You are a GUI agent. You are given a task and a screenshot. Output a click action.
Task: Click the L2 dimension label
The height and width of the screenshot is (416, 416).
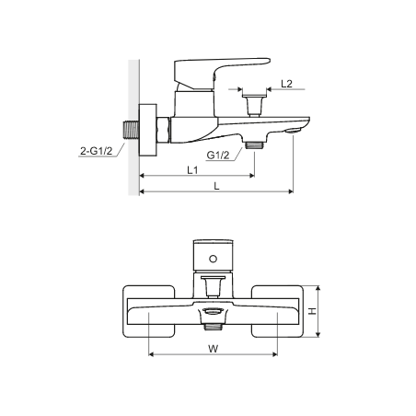click(286, 84)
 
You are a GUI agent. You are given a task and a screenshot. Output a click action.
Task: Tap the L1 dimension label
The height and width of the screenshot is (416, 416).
click(192, 169)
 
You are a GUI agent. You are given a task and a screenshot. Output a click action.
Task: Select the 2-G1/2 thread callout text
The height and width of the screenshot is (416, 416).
click(97, 151)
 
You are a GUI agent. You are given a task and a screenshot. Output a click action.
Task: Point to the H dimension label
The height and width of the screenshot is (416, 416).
click(312, 311)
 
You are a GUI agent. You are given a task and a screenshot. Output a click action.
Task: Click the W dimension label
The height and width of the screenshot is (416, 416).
click(213, 349)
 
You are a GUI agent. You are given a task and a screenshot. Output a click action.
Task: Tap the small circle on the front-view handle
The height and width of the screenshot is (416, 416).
click(213, 259)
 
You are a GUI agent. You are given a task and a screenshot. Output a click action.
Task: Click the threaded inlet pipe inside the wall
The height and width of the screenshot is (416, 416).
click(132, 130)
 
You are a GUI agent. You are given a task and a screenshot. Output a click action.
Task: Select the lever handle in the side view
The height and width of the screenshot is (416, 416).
click(222, 73)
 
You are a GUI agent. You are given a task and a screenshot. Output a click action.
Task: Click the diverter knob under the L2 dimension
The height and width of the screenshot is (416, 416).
click(255, 105)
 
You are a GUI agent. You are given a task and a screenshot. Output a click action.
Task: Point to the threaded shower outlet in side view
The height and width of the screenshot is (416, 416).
click(255, 144)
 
